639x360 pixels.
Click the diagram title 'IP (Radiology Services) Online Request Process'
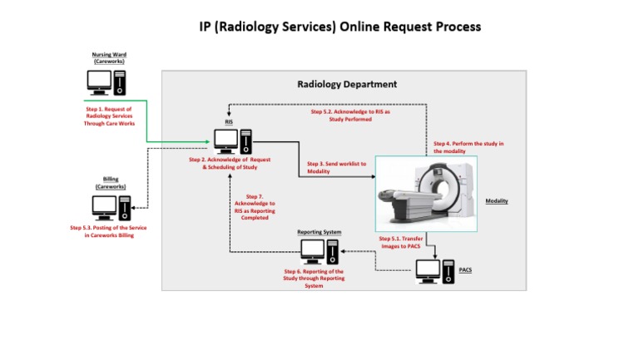[339, 27]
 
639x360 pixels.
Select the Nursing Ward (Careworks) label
[109, 58]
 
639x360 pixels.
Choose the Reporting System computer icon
[320, 251]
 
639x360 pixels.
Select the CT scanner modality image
[428, 194]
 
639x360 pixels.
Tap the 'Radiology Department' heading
[347, 85]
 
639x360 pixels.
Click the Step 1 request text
[108, 116]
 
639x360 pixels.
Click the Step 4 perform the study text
[468, 147]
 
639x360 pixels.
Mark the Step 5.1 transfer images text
[403, 242]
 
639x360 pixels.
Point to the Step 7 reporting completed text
[255, 207]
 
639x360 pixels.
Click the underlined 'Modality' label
[497, 201]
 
